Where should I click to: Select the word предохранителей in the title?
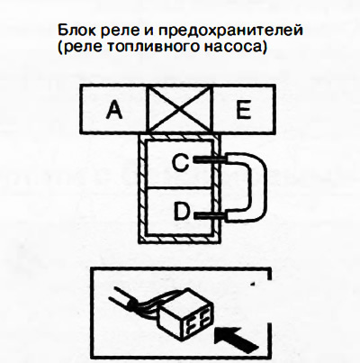230,32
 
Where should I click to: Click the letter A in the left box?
114,110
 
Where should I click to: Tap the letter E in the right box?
243,109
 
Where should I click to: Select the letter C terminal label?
180,162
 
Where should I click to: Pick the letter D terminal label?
182,211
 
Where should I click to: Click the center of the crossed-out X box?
179,110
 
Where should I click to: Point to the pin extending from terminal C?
210,159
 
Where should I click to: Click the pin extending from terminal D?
210,215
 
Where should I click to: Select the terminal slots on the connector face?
197,323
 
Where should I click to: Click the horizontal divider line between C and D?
180,188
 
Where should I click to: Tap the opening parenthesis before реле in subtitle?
60,48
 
